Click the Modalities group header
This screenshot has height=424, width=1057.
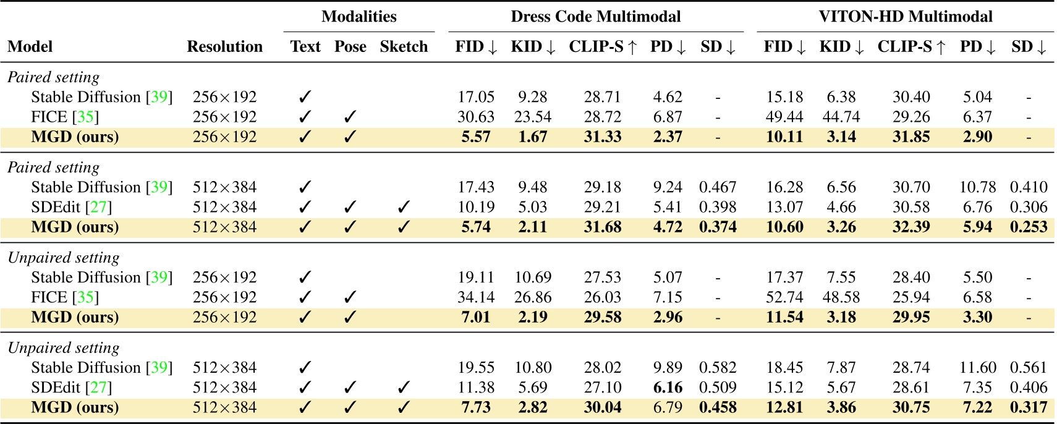coord(359,17)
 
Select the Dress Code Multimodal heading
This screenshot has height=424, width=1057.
coord(595,17)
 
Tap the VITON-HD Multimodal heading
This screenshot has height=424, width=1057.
coord(905,17)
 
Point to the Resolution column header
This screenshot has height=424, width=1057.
coord(224,47)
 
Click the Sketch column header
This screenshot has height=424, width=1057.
coord(404,47)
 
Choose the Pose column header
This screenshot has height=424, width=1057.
coord(350,47)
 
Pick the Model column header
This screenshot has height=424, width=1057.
coord(30,47)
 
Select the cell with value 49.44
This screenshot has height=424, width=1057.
coord(784,117)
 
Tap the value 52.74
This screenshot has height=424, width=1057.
coord(784,297)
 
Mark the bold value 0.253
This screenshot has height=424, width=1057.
coord(1029,227)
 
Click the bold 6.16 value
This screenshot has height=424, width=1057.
coord(668,388)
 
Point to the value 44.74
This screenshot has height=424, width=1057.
coord(841,117)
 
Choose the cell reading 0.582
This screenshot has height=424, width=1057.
coord(718,368)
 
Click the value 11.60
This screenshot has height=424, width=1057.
coord(977,368)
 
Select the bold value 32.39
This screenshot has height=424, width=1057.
coord(911,227)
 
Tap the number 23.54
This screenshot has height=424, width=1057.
coord(533,117)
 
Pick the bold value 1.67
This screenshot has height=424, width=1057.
coord(533,137)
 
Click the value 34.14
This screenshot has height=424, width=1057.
coord(476,297)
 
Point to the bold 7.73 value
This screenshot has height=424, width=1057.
coord(476,407)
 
